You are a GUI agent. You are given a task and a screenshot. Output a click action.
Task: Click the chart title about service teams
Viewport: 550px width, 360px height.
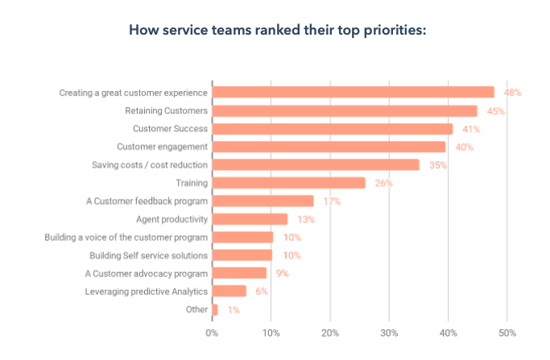coord(275,31)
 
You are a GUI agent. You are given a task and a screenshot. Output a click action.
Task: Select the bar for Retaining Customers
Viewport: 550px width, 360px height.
coord(345,110)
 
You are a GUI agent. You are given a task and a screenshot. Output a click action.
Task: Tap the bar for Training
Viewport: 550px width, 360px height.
coord(288,183)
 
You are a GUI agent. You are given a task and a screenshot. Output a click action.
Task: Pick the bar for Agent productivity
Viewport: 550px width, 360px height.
coord(250,219)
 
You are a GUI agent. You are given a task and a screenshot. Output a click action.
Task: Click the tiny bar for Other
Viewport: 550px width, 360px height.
coord(215,309)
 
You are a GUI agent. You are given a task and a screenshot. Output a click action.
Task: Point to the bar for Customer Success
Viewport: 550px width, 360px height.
coord(333,129)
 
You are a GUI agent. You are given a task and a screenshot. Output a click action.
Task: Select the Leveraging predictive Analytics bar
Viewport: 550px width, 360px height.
coord(230,291)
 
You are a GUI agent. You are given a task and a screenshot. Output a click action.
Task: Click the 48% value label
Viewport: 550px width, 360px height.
coord(513,93)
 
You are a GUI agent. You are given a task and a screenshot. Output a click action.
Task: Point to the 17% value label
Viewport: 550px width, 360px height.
coord(332,201)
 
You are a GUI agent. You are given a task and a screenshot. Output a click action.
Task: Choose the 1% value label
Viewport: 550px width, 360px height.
coord(233,309)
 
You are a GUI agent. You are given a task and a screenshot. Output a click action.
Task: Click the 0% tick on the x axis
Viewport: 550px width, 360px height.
coord(212,332)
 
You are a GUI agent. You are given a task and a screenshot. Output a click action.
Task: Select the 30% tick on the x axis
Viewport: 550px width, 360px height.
coord(389,332)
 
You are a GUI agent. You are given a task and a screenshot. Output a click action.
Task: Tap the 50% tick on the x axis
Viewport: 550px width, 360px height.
coord(507,332)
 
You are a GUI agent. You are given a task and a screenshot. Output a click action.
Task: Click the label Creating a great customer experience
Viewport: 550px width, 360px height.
coord(134,93)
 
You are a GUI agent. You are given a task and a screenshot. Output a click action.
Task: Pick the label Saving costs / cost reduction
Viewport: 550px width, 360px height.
coord(150,165)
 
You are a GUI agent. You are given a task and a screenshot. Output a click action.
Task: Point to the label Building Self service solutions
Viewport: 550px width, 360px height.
coord(149,255)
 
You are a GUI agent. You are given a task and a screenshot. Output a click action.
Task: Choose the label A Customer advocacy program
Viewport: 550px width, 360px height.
coord(147,273)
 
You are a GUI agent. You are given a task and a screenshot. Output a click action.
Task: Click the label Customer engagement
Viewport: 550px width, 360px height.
coord(163,147)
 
